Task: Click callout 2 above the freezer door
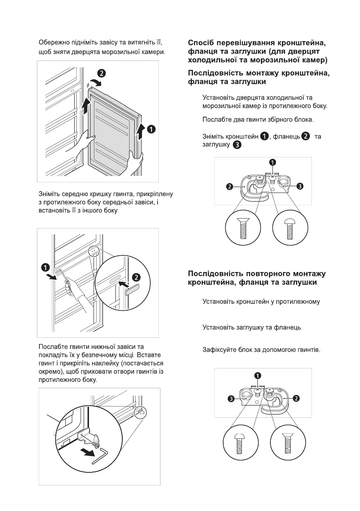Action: point(100,73)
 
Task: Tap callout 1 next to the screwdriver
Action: point(45,267)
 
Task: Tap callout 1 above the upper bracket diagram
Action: point(272,162)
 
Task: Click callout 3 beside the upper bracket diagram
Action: point(300,186)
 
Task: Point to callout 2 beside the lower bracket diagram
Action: point(296,399)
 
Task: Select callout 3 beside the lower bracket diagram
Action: point(231,399)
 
